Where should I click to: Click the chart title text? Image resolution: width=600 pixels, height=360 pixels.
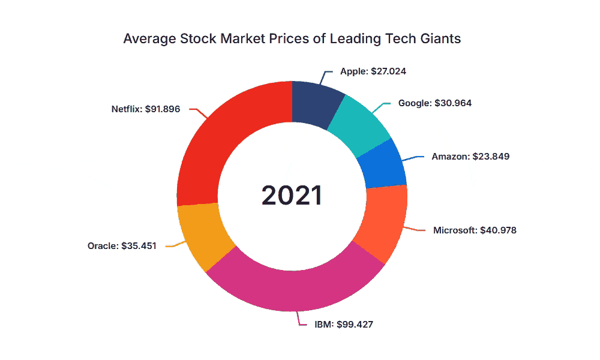point(292,38)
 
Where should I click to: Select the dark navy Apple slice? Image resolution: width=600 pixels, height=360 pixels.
point(315,103)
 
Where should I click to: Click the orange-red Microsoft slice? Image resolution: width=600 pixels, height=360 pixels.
point(385,221)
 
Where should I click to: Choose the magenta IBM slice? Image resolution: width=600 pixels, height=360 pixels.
point(295,283)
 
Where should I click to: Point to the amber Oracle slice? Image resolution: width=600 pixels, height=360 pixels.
point(203,235)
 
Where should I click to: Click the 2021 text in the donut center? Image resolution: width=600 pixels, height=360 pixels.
point(292,196)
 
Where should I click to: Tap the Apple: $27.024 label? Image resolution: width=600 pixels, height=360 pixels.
point(373,71)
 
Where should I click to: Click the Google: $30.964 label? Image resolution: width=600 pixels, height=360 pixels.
point(434,103)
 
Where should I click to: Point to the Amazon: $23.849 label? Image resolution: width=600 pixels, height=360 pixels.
point(470,157)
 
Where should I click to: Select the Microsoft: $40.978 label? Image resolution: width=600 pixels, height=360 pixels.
point(475,230)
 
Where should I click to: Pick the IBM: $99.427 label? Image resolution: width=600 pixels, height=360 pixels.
point(344,325)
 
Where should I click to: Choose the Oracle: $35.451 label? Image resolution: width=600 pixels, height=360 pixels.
point(122,245)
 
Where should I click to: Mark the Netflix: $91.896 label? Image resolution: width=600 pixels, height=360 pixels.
point(145,109)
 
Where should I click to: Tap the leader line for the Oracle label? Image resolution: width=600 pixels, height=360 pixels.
point(175,245)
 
